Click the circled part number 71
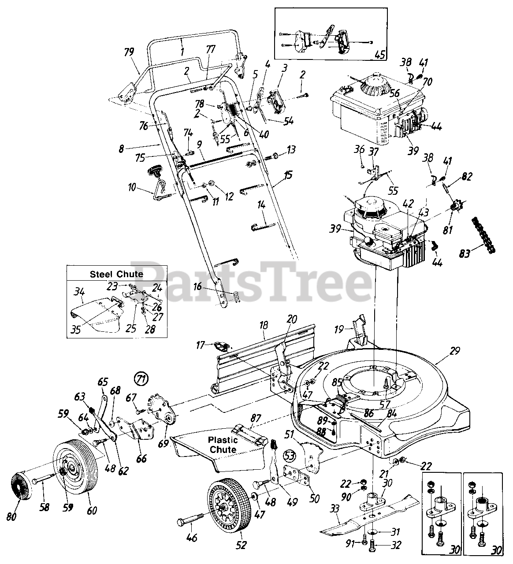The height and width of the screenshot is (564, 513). coord(141,378)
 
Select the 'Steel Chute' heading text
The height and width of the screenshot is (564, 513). coord(117,274)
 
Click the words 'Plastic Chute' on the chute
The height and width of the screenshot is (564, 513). coord(223,444)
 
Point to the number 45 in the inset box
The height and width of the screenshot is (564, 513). coord(379,55)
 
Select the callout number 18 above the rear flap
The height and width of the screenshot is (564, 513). coord(264,326)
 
